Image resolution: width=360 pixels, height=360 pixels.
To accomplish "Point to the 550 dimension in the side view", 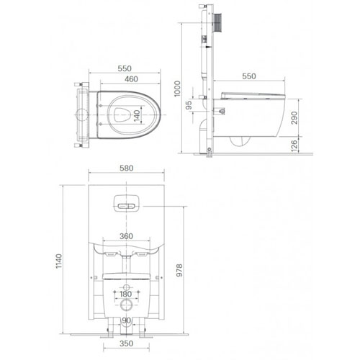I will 250,75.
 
